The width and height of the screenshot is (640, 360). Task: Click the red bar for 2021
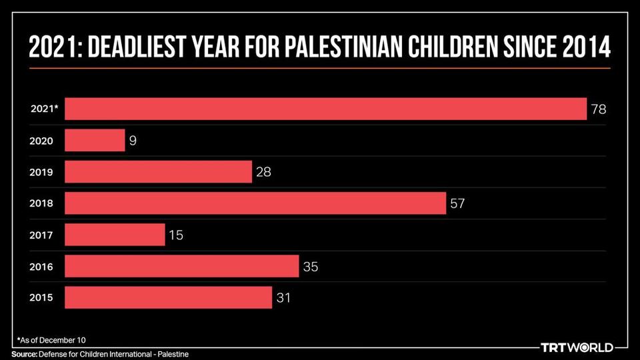(x=325, y=109)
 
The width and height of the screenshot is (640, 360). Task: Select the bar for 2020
(x=95, y=140)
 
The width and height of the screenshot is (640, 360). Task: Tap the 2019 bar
(x=158, y=172)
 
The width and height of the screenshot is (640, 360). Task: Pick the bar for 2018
(x=255, y=203)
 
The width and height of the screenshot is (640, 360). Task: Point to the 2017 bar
(x=115, y=235)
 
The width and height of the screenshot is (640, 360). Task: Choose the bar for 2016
(x=181, y=267)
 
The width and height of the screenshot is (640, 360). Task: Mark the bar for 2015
(x=168, y=297)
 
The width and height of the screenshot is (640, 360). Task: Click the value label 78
(x=598, y=109)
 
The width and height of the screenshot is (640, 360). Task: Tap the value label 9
(x=133, y=141)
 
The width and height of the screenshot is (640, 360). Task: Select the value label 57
(x=457, y=203)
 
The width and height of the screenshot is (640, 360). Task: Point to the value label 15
(x=176, y=235)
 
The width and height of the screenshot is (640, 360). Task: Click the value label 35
(x=311, y=267)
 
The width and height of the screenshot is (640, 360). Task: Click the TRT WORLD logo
(x=576, y=347)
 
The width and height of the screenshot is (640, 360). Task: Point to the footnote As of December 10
(x=51, y=340)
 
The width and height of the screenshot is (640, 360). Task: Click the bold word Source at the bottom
(x=23, y=353)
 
